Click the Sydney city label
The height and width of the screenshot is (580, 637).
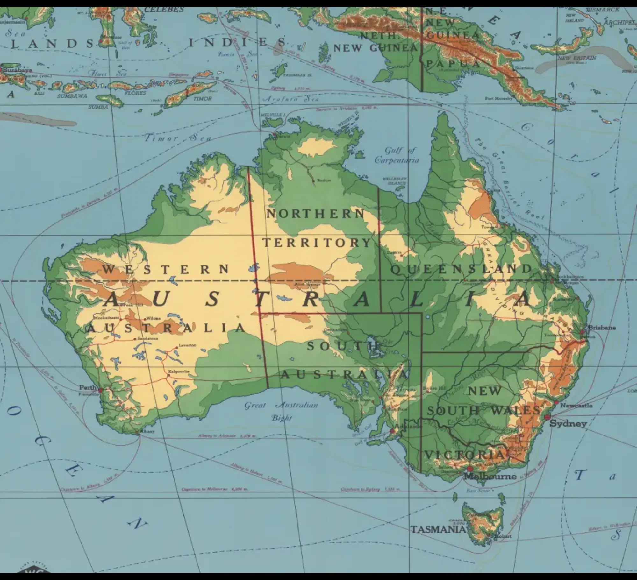point(568,424)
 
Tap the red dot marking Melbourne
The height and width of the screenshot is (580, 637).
point(469,469)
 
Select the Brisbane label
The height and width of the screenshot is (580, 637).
point(602,327)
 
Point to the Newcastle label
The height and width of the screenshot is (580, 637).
point(576,406)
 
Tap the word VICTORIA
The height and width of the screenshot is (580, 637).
point(465,455)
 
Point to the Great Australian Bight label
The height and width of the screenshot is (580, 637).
point(281,411)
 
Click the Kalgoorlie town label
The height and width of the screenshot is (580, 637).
point(179,371)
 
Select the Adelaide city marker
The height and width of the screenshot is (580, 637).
point(393,431)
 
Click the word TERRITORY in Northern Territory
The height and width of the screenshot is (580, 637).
point(317,243)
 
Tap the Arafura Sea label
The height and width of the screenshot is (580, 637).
point(290,99)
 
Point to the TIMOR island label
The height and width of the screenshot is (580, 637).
point(202,99)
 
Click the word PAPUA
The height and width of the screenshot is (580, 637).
point(452,64)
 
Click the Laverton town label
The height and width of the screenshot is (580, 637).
point(187,345)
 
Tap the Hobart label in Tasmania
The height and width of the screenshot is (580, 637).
point(503,536)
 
